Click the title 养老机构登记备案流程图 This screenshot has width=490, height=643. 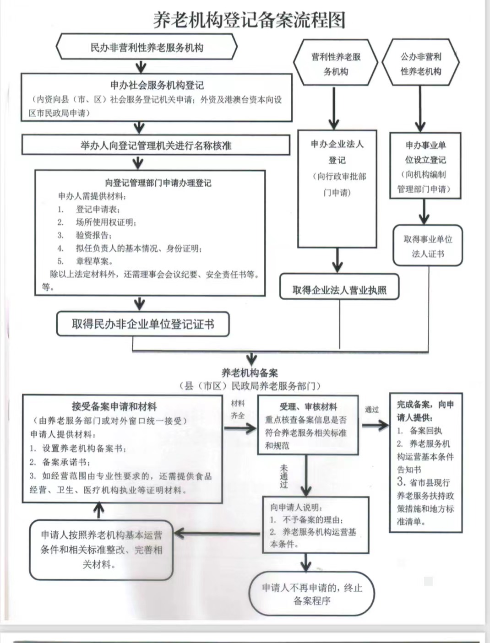pos(249,20)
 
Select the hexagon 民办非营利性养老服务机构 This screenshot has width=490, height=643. pos(147,47)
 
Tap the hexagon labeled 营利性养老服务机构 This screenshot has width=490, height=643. pos(336,63)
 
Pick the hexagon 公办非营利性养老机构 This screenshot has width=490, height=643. pos(420,63)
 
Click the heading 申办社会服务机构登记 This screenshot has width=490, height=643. pos(157,85)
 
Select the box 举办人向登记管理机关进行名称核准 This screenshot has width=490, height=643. pos(156,145)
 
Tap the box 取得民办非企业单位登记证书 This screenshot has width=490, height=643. pos(143,324)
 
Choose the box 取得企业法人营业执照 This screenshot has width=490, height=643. pos(339,287)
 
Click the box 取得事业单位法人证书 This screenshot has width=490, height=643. pos(428,245)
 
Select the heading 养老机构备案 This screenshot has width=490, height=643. pos(250,373)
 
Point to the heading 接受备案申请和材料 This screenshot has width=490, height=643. pos(114,406)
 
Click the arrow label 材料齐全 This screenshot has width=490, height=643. pos(238,410)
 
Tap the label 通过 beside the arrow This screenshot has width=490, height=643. pos(371,410)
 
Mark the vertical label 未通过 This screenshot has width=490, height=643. pos(283,476)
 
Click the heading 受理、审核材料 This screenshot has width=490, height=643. pos(308,406)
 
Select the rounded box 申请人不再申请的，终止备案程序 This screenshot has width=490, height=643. pos(312,594)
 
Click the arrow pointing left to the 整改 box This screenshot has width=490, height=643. pos(217,534)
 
